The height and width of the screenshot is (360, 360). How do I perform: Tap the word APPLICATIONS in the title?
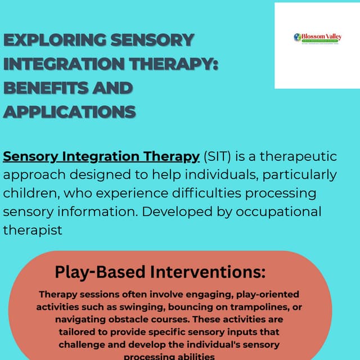coord(69,112)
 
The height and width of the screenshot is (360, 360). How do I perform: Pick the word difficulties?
coord(191,193)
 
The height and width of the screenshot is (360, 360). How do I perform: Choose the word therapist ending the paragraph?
coord(33,230)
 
